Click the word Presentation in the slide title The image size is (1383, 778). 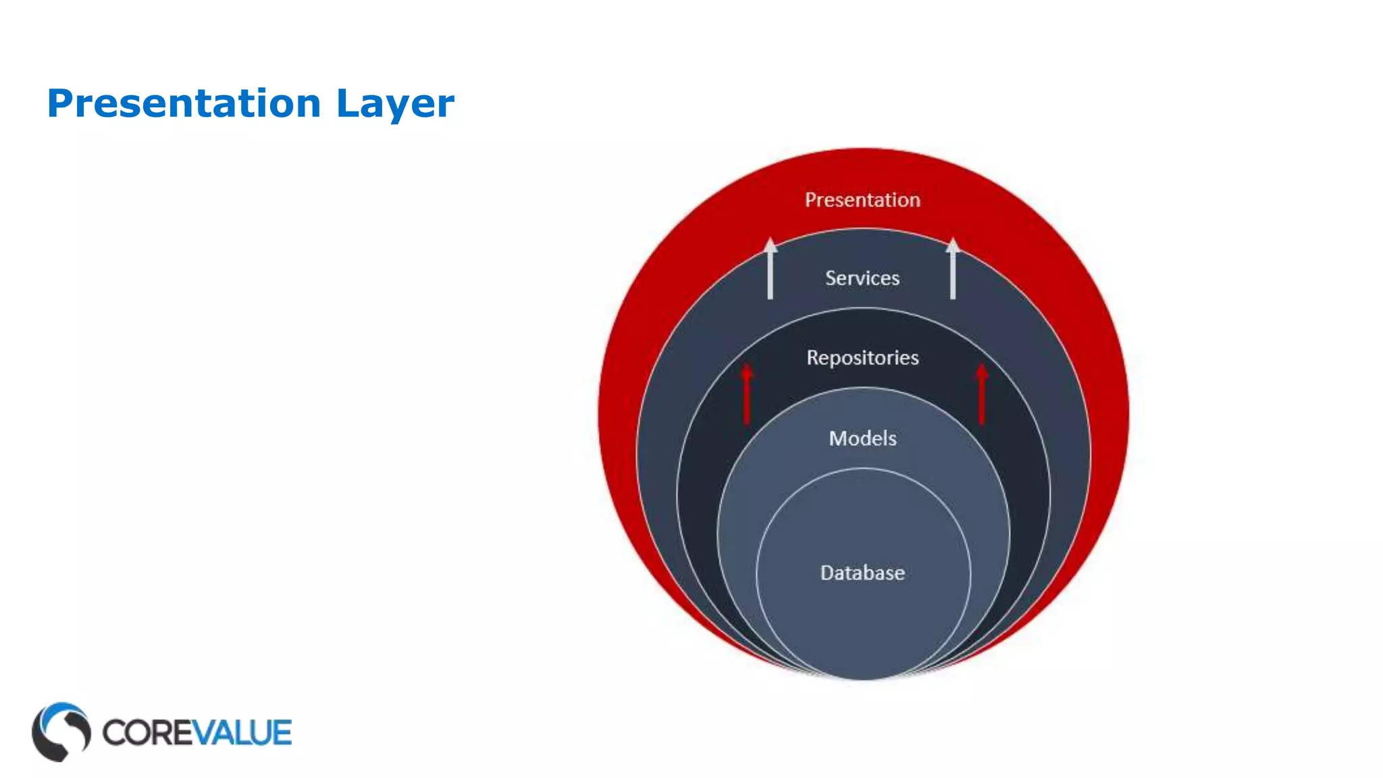click(184, 104)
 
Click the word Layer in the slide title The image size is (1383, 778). click(395, 104)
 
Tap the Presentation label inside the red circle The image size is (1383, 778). click(862, 200)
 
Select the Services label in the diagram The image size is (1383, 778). click(862, 278)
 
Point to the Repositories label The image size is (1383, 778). click(862, 357)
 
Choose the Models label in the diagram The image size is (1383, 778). click(862, 439)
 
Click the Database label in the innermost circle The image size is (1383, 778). click(862, 573)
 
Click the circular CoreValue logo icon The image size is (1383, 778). click(61, 732)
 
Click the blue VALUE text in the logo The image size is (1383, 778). click(244, 733)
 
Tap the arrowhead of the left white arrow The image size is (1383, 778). click(770, 244)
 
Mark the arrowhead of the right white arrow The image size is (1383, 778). click(953, 244)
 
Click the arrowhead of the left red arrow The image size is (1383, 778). click(746, 371)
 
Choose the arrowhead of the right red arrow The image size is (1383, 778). click(982, 371)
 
